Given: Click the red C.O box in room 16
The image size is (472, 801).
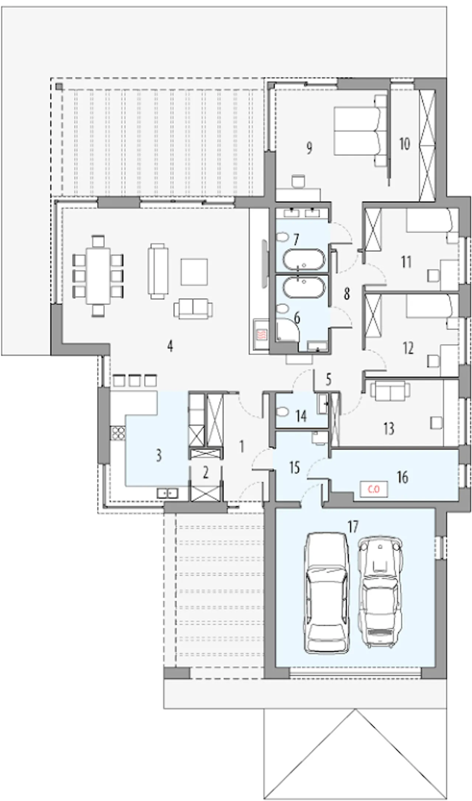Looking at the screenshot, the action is [374, 489].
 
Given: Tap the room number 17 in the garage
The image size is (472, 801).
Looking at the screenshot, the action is [353, 527].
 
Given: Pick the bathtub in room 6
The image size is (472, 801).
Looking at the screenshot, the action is [304, 287].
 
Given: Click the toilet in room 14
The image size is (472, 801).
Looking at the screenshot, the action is [282, 411].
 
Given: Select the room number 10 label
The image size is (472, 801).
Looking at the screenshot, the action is [405, 144].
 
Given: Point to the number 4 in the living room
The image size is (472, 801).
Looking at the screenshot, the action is [170, 346].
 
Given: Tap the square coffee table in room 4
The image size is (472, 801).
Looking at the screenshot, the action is [194, 271].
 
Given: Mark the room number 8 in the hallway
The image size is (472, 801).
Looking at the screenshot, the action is [346, 294].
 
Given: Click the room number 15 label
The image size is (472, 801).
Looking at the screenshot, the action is [294, 468].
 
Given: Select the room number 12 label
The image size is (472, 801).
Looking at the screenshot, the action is [408, 348].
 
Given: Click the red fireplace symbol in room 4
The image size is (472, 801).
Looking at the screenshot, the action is [260, 334].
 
